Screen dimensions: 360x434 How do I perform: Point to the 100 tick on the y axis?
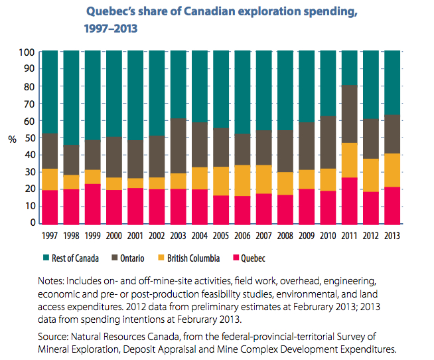point(27,52)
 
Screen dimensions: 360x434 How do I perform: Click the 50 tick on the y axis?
point(29,137)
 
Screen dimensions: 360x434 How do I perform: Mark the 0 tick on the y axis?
point(32,224)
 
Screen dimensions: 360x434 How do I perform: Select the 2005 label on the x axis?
point(222,236)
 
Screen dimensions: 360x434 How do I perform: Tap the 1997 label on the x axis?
point(50,236)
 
